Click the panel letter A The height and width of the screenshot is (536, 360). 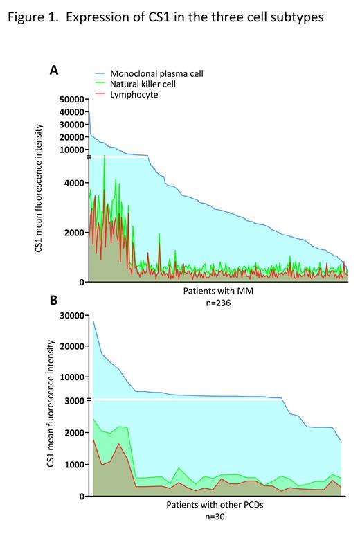click(53, 70)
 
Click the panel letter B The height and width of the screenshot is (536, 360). click(53, 303)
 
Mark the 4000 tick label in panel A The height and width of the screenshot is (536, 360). click(73, 183)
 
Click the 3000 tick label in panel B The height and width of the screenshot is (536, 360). click(73, 400)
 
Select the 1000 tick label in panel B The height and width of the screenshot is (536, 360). click(73, 464)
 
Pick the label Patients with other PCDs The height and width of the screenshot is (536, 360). click(220, 505)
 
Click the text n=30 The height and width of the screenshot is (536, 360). click(220, 516)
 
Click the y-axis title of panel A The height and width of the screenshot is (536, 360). click(41, 187)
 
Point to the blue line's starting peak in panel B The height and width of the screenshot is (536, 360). click(93, 321)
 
